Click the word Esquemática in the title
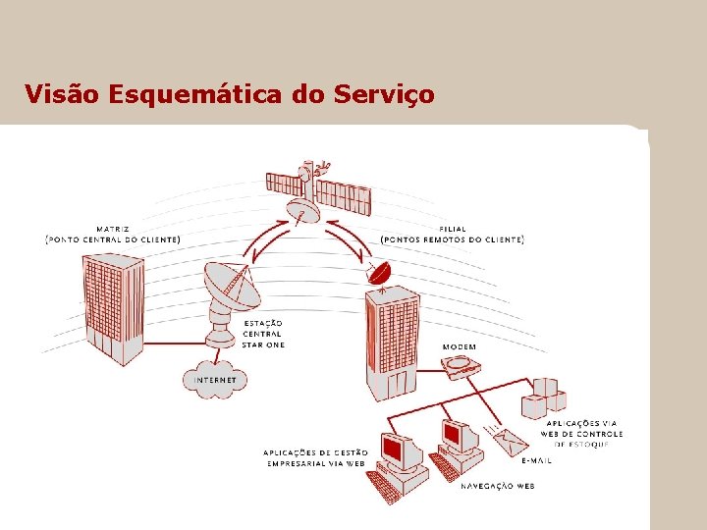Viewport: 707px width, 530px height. (x=197, y=94)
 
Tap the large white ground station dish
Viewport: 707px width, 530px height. (x=231, y=290)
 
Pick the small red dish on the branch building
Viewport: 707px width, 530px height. (x=378, y=272)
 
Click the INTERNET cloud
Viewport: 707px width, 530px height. (x=215, y=379)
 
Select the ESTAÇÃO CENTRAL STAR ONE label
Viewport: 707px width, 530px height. (x=263, y=334)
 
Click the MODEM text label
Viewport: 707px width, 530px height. (x=460, y=346)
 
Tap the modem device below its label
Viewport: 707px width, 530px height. (x=462, y=367)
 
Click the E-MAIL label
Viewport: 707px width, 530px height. (x=536, y=460)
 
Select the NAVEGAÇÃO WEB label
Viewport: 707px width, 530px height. (x=497, y=485)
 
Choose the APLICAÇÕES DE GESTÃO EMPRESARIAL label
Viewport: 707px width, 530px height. (x=314, y=457)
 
